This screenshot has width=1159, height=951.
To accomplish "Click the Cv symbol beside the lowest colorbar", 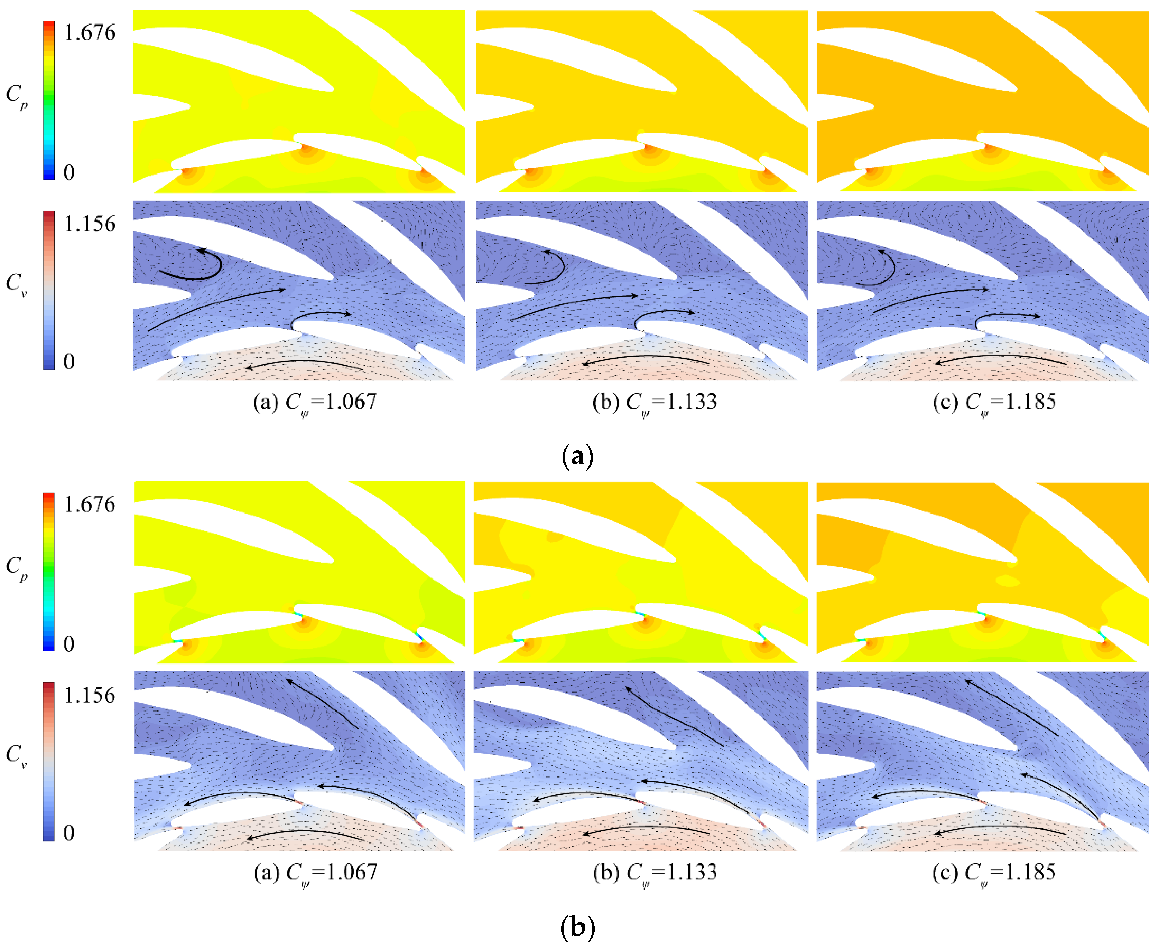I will (17, 755).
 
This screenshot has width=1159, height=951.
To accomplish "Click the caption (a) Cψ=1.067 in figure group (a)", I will (315, 403).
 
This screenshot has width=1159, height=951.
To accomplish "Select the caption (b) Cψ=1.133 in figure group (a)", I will (654, 403).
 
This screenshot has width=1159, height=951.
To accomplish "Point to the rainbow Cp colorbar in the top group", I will (49, 100).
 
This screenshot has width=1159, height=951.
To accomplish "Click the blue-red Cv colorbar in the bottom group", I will (49, 762).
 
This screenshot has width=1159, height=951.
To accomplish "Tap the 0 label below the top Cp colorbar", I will (68, 172).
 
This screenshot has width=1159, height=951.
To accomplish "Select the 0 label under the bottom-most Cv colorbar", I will (68, 833).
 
